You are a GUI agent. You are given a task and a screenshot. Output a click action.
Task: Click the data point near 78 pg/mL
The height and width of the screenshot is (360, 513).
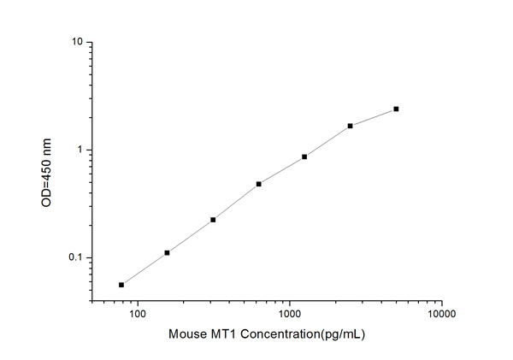coord(121,285)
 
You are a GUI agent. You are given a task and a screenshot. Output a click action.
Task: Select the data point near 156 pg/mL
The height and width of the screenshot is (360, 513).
coord(167,252)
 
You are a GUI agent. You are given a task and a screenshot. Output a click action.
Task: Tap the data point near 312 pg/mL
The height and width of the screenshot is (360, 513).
coord(213,220)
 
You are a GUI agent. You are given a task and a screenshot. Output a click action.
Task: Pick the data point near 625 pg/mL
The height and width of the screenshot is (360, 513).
coord(258,184)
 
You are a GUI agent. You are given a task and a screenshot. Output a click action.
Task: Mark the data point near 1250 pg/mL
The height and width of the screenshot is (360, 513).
coord(304,156)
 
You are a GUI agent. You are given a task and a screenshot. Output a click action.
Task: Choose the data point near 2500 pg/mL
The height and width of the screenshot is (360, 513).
coord(351,126)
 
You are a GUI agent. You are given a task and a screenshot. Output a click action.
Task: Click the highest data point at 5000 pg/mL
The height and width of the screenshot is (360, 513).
coord(396,109)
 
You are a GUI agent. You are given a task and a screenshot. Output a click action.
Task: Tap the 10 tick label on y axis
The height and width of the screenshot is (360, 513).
coord(77,42)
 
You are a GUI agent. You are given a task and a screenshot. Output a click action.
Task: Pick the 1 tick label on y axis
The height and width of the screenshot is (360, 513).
coord(80,150)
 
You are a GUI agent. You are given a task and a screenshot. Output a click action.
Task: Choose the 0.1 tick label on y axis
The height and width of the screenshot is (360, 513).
coord(75,258)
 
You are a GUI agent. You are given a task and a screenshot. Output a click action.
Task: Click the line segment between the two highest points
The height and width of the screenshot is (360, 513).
coord(374,117)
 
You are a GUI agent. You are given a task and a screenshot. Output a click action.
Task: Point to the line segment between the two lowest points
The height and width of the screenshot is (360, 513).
coord(144,269)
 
